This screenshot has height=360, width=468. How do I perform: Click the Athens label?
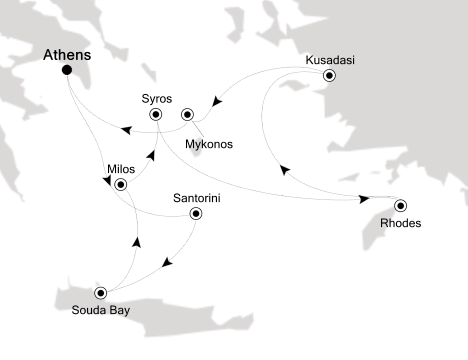[67, 55]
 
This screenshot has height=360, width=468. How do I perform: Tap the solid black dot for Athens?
[66, 70]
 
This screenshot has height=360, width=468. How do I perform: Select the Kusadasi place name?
[330, 60]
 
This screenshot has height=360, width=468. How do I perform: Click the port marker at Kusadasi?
[329, 76]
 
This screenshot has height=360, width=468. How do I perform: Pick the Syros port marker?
[156, 114]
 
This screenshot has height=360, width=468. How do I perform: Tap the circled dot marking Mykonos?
[187, 114]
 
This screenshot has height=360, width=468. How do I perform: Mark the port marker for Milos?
[120, 184]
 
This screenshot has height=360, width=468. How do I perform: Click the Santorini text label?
[196, 198]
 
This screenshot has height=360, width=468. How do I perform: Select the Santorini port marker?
[195, 214]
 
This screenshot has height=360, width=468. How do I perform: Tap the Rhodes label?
[400, 223]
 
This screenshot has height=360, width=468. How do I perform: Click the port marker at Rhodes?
[400, 205]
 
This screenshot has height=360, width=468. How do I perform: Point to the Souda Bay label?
[100, 310]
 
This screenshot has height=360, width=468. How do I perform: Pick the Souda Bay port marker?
[101, 292]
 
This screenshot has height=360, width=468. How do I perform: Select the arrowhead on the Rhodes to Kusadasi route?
[284, 170]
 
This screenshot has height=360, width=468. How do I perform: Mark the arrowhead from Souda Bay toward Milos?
[136, 242]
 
